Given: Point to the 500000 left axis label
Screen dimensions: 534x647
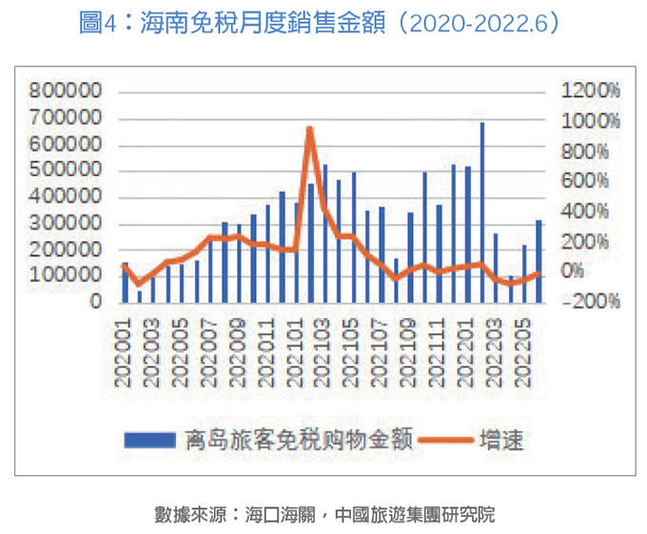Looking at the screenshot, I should point(66,171).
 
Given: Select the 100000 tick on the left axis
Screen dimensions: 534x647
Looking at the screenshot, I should point(66,274).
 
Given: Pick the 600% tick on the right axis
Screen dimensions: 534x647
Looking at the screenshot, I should point(591,182).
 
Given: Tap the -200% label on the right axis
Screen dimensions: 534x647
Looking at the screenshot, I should point(591,302).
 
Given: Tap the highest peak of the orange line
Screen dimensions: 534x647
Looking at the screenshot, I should point(310,129).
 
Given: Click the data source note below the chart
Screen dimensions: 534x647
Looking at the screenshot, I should point(324,515).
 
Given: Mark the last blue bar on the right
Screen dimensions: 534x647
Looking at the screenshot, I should point(539,261).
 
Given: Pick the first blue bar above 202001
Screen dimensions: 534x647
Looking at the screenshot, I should point(125,282).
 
